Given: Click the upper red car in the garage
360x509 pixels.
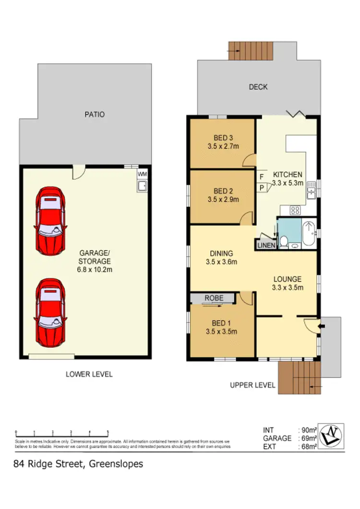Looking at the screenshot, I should click(x=50, y=221).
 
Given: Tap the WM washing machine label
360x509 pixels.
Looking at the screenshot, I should click(x=142, y=174).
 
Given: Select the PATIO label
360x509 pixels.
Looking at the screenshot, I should click(x=94, y=115).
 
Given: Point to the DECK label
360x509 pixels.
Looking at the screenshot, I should click(x=258, y=87).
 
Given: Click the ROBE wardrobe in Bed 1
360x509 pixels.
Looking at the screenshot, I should click(x=214, y=298).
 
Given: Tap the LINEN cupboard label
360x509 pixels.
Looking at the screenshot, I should click(x=266, y=245).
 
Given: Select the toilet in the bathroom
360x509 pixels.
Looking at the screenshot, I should click(x=284, y=242).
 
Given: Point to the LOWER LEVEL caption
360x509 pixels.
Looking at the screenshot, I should click(x=89, y=374).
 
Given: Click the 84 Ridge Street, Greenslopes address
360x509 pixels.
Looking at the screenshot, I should click(x=78, y=464).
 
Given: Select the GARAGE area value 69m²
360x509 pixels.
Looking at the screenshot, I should click(x=307, y=438).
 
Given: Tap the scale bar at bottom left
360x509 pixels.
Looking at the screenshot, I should click(x=62, y=431).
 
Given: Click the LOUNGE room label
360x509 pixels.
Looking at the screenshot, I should click(x=287, y=279).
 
